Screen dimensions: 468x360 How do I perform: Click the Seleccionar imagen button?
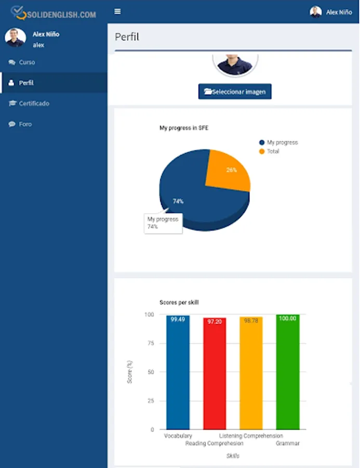tap(235, 92)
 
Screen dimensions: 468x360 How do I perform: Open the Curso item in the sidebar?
tap(26, 62)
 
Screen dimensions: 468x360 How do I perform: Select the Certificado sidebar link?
tap(34, 103)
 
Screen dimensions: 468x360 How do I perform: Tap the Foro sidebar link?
tap(25, 124)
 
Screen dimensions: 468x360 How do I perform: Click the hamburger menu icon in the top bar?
tap(118, 11)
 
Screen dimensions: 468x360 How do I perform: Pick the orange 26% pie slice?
tap(228, 171)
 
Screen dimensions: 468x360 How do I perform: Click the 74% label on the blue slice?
tap(178, 201)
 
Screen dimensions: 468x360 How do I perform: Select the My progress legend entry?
tap(282, 142)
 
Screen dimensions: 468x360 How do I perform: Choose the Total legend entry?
tap(273, 151)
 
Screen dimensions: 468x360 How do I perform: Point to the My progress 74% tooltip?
tap(163, 223)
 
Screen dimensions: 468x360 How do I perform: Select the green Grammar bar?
tap(288, 372)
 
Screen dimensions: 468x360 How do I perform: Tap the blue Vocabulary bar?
tap(178, 372)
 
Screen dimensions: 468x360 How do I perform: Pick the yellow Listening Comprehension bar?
tap(251, 373)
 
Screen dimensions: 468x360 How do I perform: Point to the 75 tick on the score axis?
tap(151, 343)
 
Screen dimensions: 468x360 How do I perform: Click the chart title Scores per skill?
tap(179, 302)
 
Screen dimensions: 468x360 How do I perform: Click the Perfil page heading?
tap(127, 37)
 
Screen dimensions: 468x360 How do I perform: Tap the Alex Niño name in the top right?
tap(339, 12)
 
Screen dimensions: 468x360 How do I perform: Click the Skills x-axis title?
tap(233, 456)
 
